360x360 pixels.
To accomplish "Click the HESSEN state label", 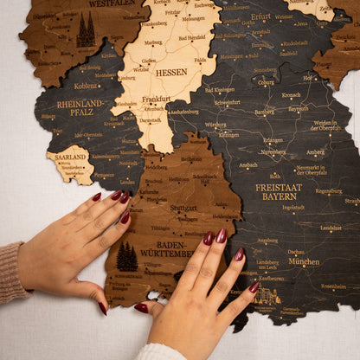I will (x=171, y=73).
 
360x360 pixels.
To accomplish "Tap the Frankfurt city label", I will (x=157, y=99).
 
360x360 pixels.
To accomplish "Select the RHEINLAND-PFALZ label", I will (x=80, y=107).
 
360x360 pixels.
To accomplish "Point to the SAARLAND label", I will (x=71, y=158).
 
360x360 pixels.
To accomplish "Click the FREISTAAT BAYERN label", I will (x=280, y=191).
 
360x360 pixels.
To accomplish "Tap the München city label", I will (x=304, y=260).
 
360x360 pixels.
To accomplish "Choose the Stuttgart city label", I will (x=183, y=208).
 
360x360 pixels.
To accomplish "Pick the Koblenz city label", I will (x=86, y=86).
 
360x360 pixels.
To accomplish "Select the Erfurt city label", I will (x=260, y=16).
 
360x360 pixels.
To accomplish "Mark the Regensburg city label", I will (x=328, y=191).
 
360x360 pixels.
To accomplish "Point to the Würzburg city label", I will (x=215, y=125).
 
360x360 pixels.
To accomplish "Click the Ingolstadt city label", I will (x=293, y=208).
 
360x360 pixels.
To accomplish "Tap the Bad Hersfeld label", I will (x=192, y=37).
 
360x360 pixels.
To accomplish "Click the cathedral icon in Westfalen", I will (x=86, y=31).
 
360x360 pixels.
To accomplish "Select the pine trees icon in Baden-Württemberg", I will (x=126, y=257).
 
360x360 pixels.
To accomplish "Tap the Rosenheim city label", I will (x=333, y=286).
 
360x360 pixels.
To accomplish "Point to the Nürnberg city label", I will (x=273, y=151).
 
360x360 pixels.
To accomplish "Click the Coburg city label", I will (x=266, y=82).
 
